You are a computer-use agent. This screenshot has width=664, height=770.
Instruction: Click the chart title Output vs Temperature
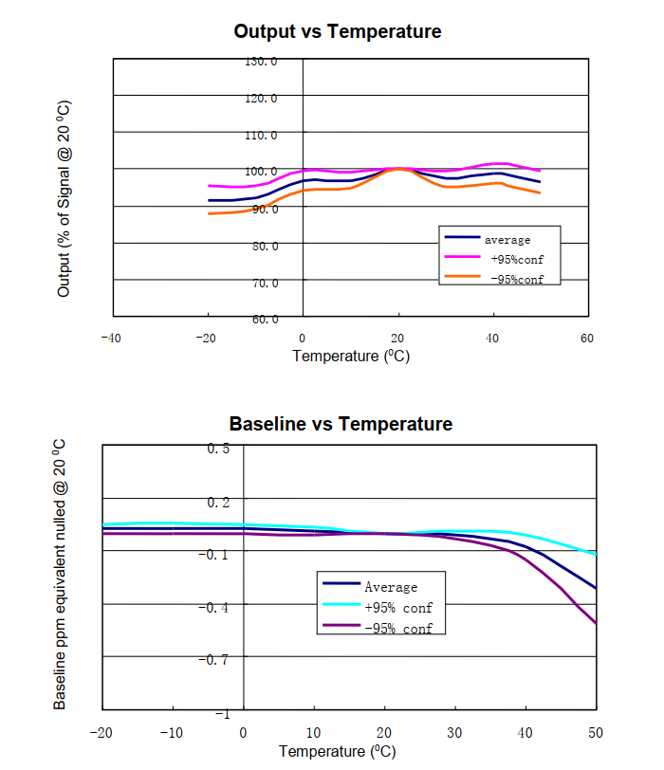click(x=337, y=31)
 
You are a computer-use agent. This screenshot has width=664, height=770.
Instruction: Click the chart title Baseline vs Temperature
click(x=341, y=423)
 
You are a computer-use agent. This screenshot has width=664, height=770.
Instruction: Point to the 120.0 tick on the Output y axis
click(x=261, y=99)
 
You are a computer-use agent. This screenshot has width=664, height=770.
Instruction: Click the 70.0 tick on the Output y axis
click(x=264, y=283)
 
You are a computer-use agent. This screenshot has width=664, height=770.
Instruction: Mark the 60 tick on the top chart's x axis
click(x=587, y=338)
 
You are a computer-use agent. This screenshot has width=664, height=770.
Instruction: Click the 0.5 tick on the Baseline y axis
click(x=218, y=448)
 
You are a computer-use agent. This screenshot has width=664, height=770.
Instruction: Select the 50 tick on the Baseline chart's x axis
click(x=596, y=732)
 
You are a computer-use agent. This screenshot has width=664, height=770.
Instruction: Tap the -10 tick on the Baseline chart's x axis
click(x=170, y=732)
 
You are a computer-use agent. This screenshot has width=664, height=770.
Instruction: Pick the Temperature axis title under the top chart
click(x=350, y=357)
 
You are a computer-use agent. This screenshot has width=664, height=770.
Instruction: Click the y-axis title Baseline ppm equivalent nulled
click(x=60, y=574)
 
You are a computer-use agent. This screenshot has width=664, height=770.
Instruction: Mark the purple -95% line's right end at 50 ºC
click(x=596, y=623)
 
